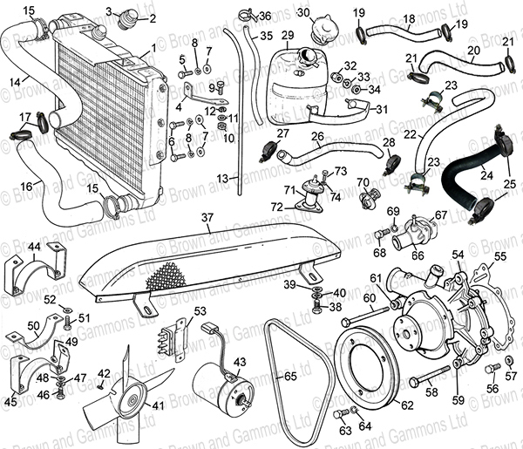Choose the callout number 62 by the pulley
[x=405, y=404]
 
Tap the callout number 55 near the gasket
[x=500, y=257]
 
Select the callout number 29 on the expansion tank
[x=288, y=35]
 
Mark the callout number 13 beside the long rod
[x=222, y=178]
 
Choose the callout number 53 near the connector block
[x=200, y=310]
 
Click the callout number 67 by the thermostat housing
[x=441, y=214]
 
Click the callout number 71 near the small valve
[x=289, y=189]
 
